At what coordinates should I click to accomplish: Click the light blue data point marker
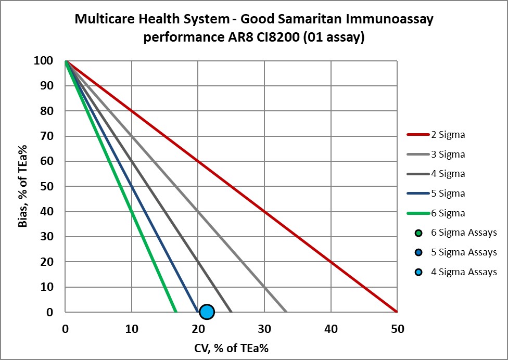click(207, 312)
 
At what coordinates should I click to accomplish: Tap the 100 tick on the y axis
click(44, 61)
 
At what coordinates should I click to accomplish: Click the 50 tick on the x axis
click(397, 329)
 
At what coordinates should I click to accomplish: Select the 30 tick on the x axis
click(264, 329)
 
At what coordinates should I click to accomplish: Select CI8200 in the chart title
click(281, 38)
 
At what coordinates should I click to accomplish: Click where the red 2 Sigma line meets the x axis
click(397, 312)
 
